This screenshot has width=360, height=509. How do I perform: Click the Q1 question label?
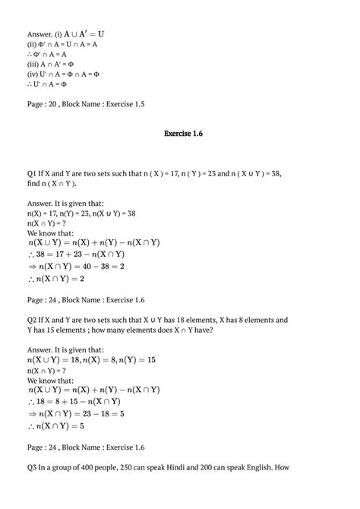[x=32, y=173]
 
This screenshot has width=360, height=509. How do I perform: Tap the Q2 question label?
[x=32, y=321]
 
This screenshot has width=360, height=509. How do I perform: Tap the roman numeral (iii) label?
[x=33, y=64]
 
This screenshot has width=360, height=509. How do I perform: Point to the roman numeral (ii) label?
[x=32, y=44]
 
